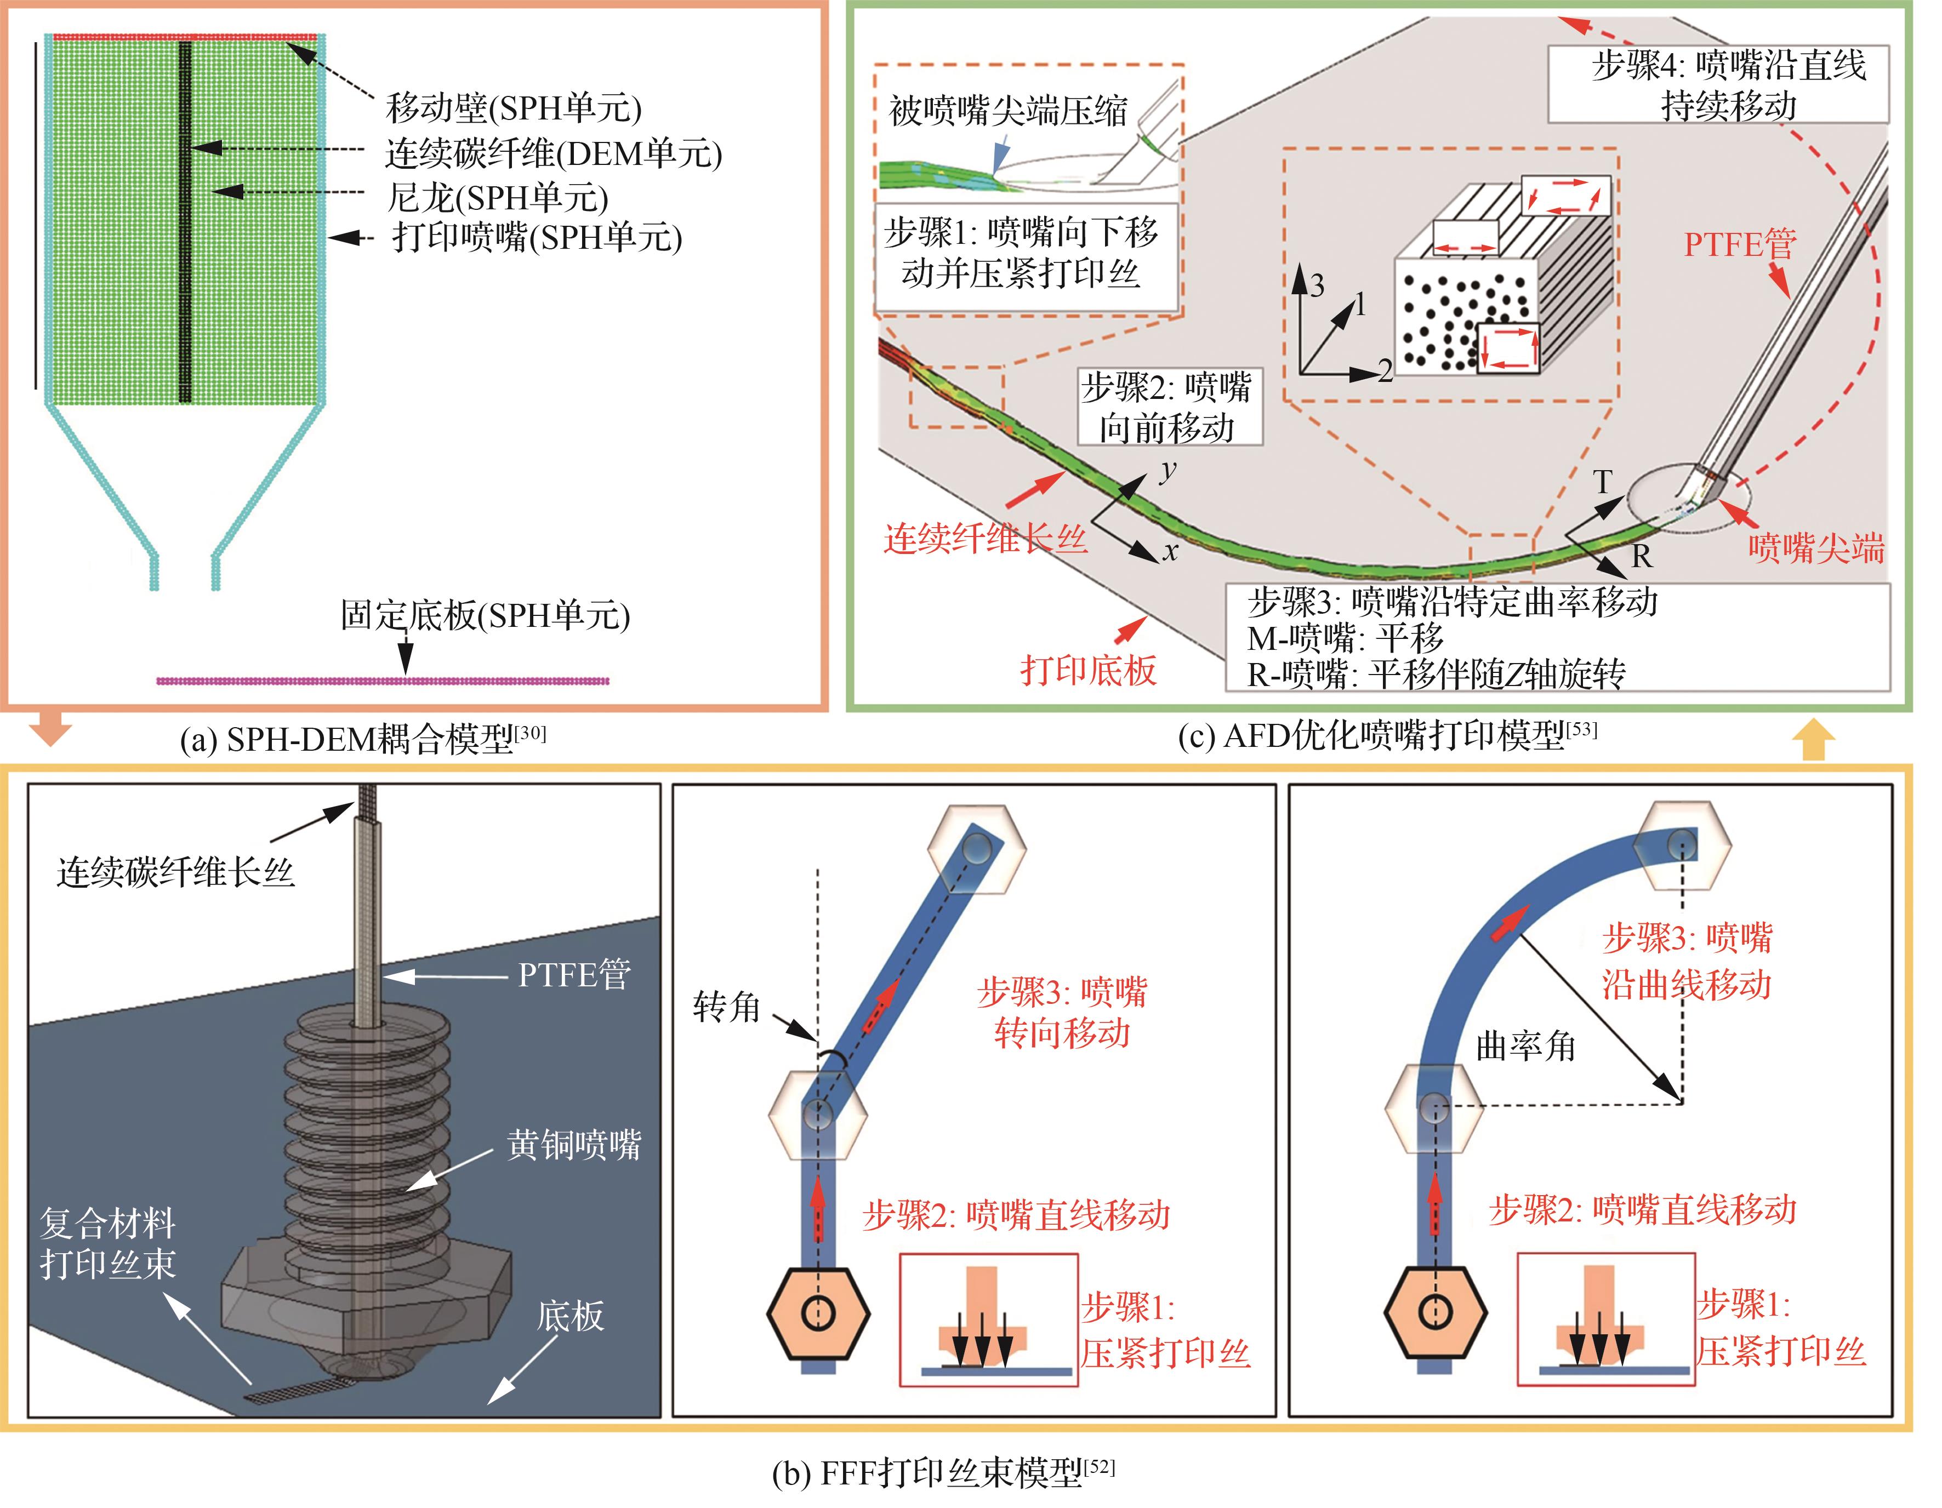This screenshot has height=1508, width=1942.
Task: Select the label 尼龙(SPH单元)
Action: click(x=497, y=197)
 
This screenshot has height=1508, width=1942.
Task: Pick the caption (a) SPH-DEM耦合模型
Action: click(x=363, y=739)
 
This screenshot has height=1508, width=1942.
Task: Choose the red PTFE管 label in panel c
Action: click(x=1739, y=244)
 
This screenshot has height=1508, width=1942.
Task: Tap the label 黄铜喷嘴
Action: click(x=573, y=1144)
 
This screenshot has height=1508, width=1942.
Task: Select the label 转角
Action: click(x=726, y=1007)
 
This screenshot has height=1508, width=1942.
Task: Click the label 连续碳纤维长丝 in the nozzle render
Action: click(x=175, y=872)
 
